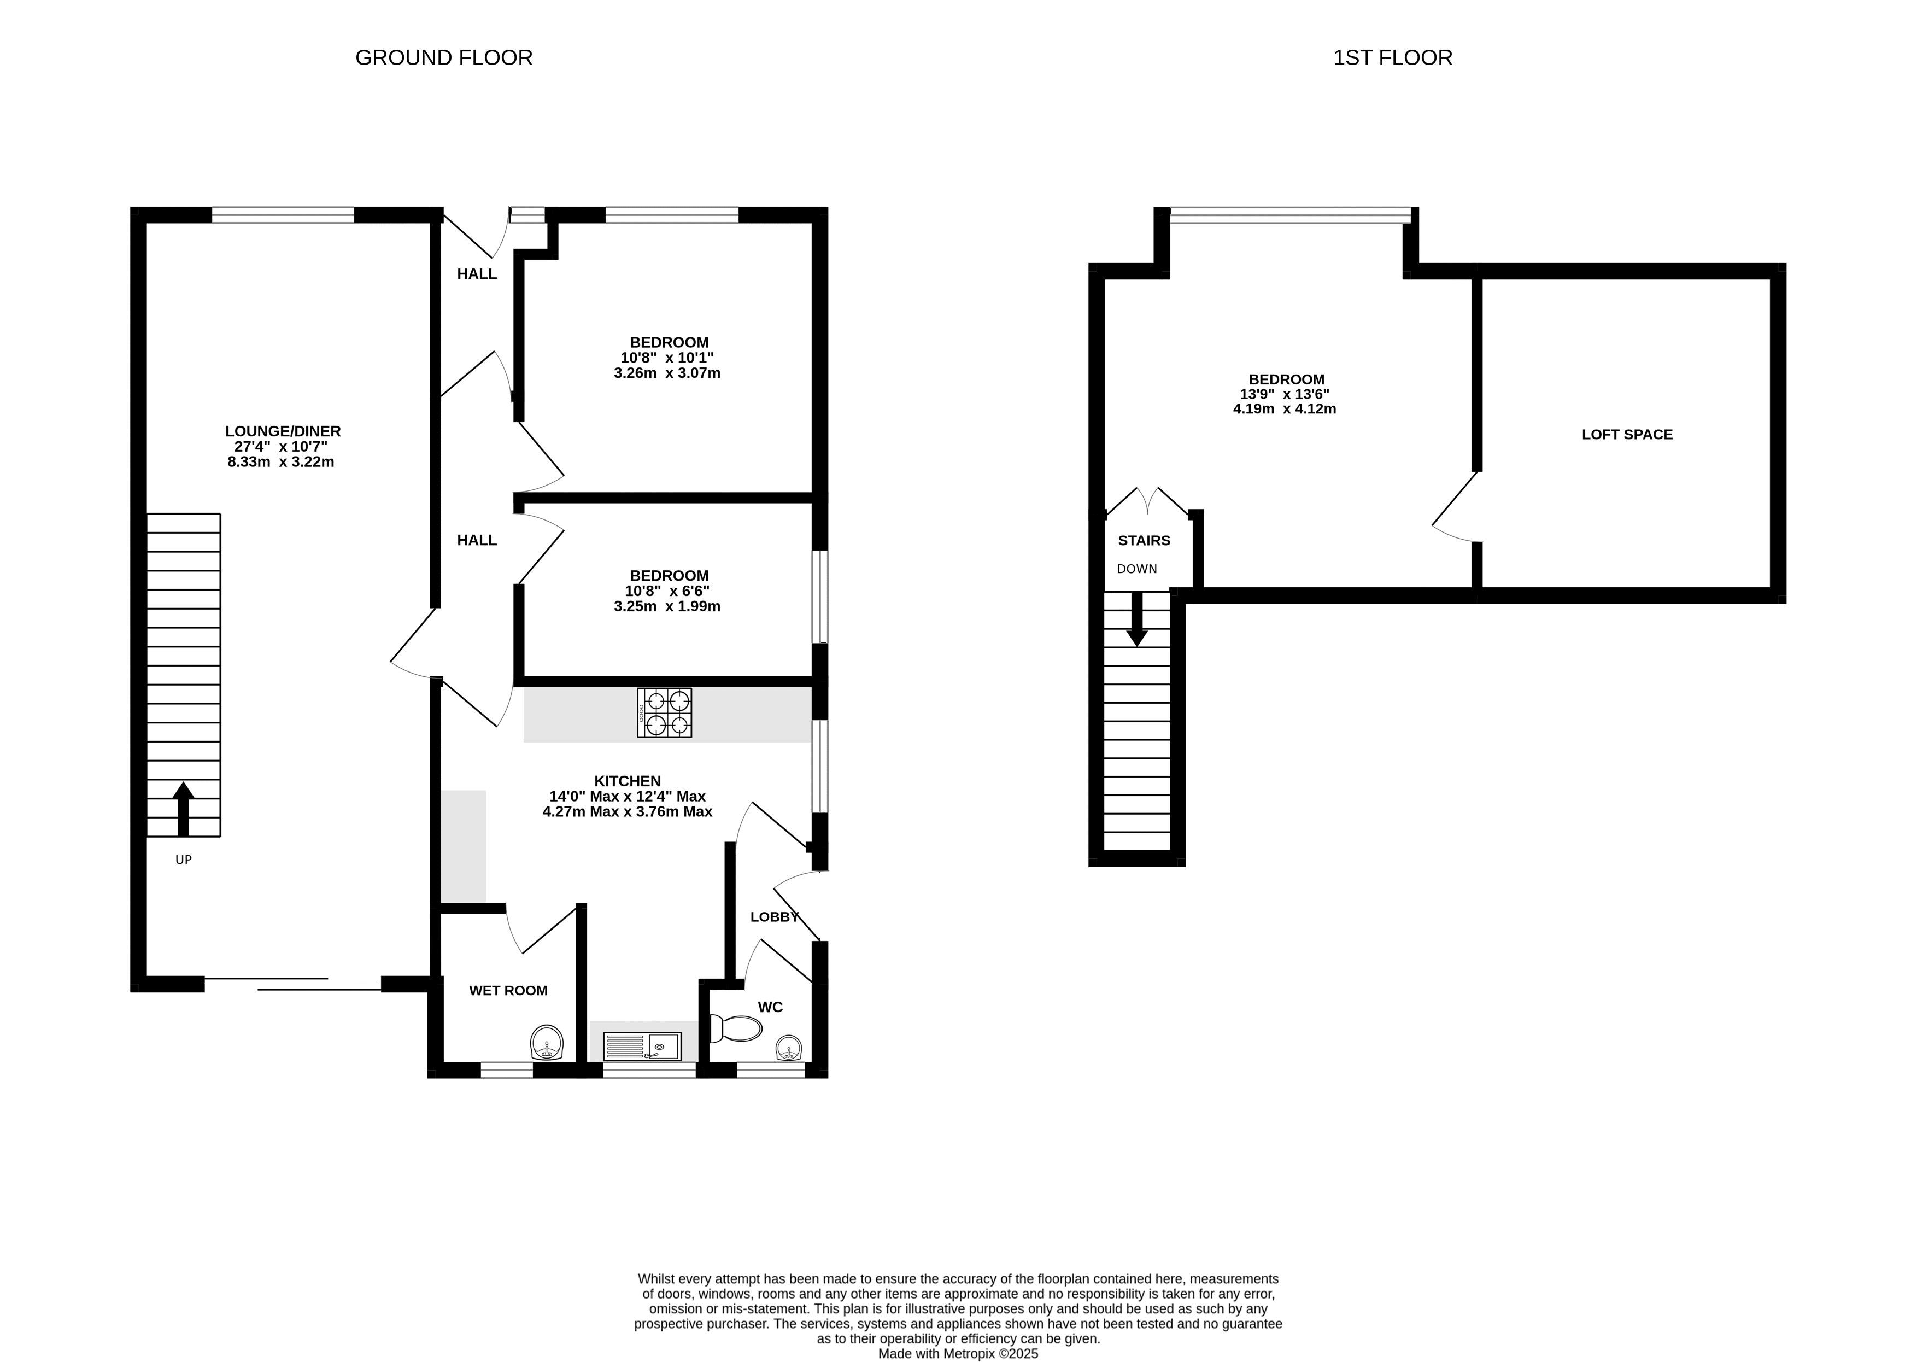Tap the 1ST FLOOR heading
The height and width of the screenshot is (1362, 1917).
(x=1392, y=58)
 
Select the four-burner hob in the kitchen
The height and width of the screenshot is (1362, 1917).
(x=665, y=713)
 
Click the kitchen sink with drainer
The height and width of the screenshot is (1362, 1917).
(x=643, y=1047)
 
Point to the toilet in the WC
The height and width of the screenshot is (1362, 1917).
(x=735, y=1028)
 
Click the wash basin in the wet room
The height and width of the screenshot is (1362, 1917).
(x=547, y=1043)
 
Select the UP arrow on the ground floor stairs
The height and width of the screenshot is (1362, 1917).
(x=184, y=809)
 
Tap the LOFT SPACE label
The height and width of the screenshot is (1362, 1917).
(x=1627, y=435)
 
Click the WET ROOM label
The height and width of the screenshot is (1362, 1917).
(x=508, y=990)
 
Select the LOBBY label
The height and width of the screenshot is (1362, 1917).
(x=775, y=917)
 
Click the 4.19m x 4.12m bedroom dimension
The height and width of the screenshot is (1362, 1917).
(x=1284, y=410)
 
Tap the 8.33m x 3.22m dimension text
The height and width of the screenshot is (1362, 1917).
(x=281, y=462)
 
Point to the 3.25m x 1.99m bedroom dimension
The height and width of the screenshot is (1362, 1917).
(x=667, y=606)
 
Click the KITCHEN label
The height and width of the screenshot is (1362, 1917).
(x=628, y=781)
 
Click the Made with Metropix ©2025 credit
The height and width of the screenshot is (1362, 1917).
(x=958, y=1353)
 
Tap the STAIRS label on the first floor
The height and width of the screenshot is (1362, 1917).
(x=1144, y=541)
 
